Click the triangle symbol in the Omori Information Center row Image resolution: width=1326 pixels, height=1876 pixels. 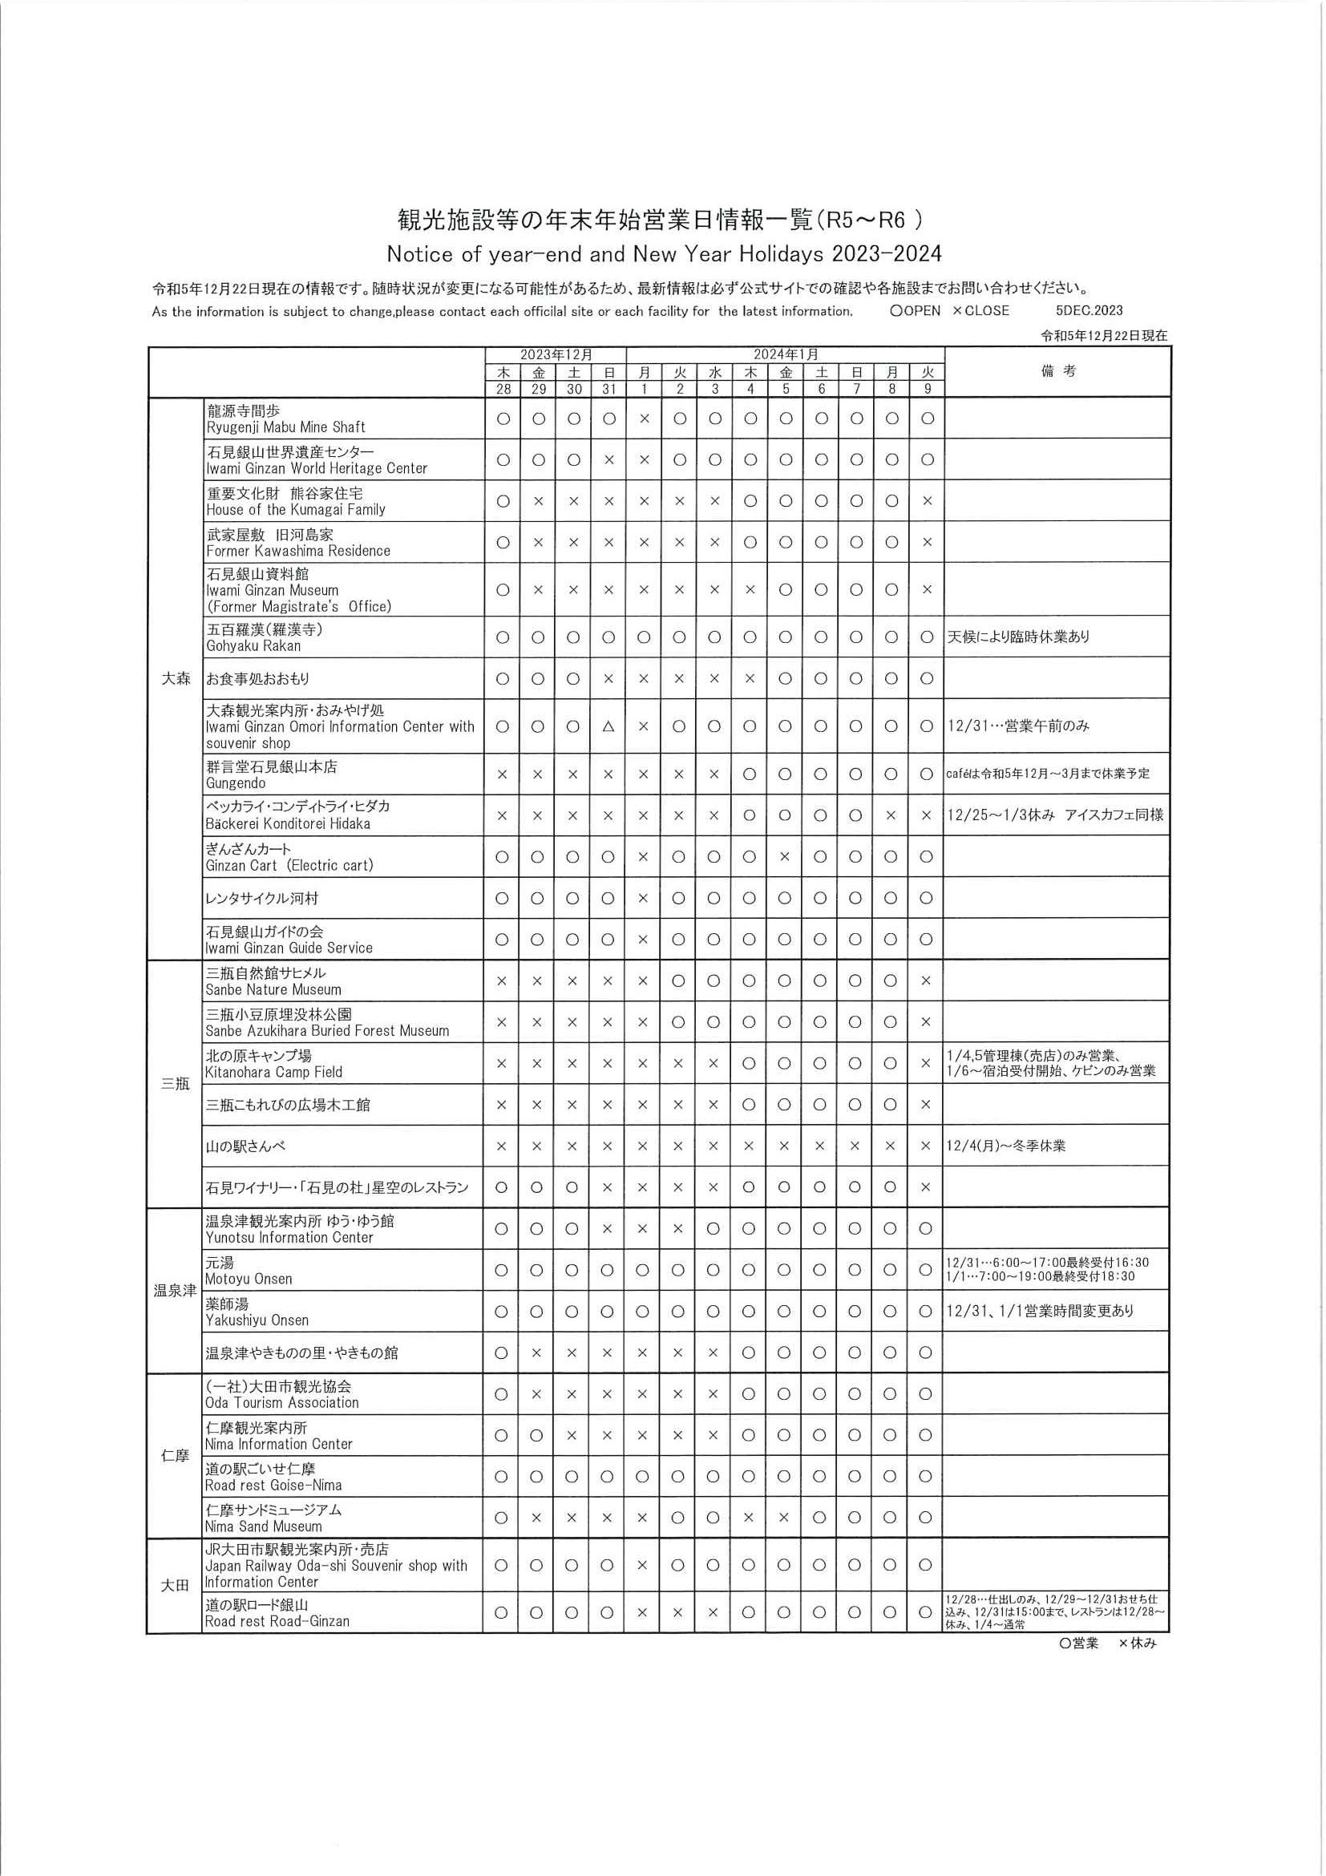pyautogui.click(x=608, y=726)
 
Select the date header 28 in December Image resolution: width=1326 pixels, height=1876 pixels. pyautogui.click(x=503, y=389)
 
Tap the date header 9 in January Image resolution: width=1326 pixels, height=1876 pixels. pyautogui.click(x=927, y=389)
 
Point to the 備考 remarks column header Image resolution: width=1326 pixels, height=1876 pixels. pyautogui.click(x=1058, y=372)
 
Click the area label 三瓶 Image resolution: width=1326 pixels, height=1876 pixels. pyautogui.click(x=175, y=1083)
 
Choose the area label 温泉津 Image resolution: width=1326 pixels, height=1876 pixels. pyautogui.click(x=175, y=1290)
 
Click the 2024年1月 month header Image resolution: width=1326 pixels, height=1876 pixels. pyautogui.click(x=785, y=354)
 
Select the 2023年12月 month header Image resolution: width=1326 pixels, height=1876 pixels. pyautogui.click(x=556, y=354)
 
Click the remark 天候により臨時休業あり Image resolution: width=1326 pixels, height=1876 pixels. pyautogui.click(x=1018, y=637)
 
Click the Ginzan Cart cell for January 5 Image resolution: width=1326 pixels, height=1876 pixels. pyautogui.click(x=785, y=857)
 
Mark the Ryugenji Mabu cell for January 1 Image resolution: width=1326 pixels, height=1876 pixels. pyautogui.click(x=644, y=418)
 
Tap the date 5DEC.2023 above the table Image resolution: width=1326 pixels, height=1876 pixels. pyautogui.click(x=1089, y=310)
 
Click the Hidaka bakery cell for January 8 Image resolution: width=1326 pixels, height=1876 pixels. pyautogui.click(x=891, y=815)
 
